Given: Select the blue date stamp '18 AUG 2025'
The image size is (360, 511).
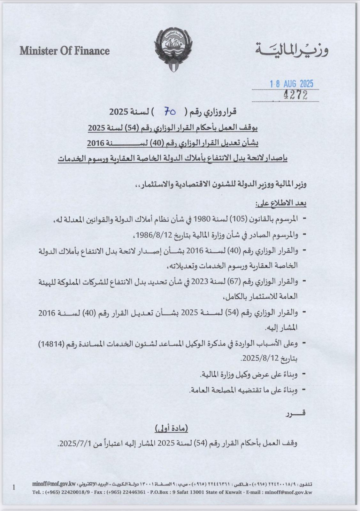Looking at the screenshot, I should click(x=291, y=84).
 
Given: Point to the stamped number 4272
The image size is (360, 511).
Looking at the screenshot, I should click(x=295, y=95).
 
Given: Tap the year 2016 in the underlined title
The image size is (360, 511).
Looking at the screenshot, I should click(x=97, y=143).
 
